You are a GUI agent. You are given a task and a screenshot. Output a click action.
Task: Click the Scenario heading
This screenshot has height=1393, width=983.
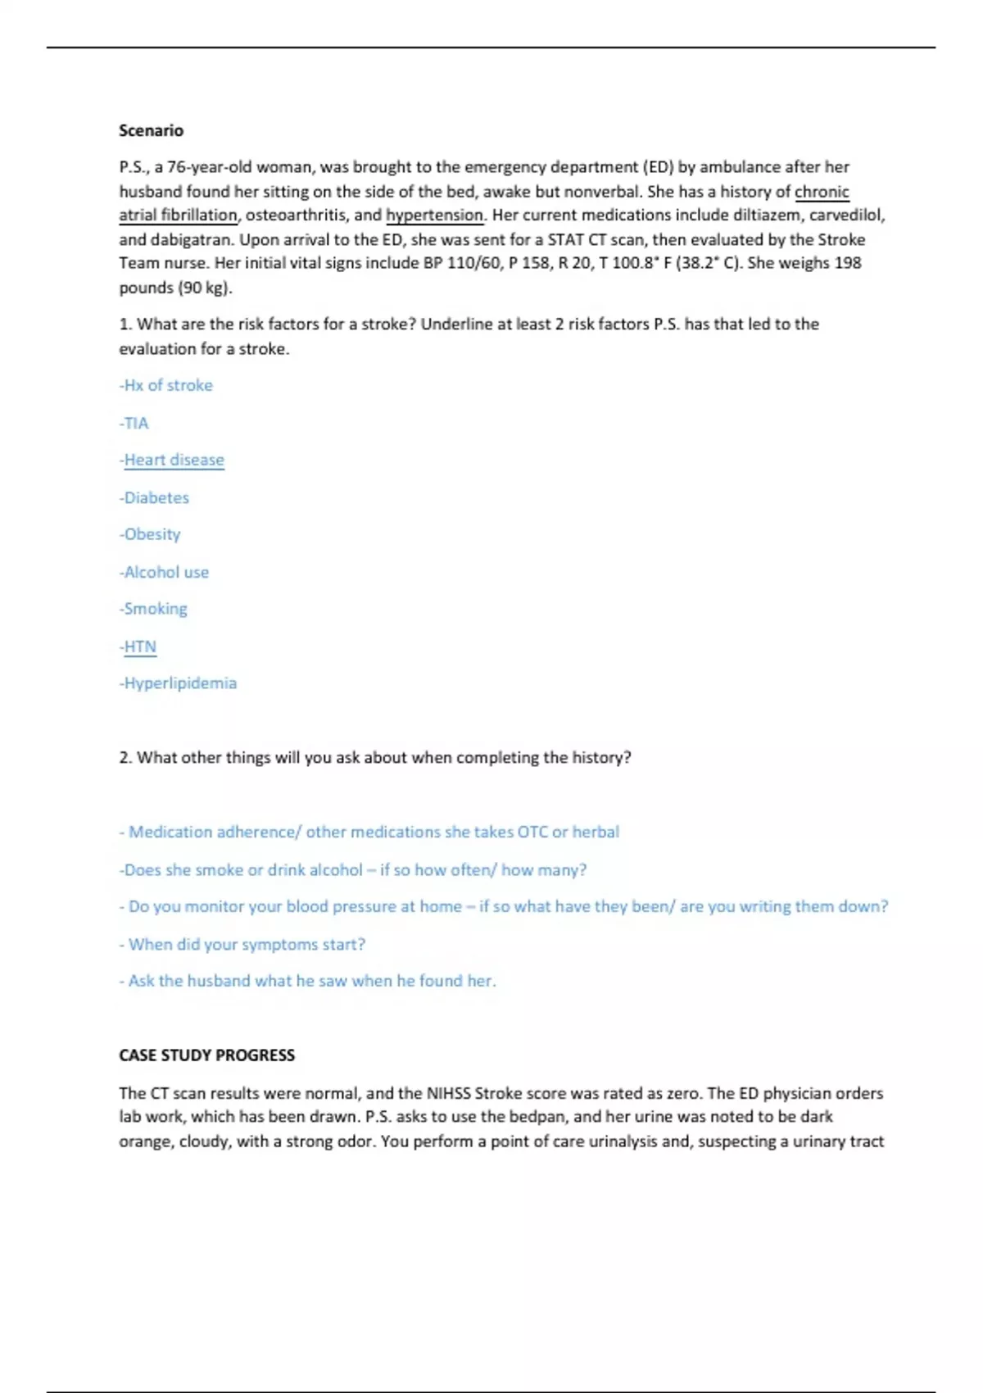click(151, 130)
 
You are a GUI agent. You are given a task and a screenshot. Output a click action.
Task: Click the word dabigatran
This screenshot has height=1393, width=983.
click(190, 239)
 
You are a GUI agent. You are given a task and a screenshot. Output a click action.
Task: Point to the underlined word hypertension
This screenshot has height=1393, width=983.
click(435, 215)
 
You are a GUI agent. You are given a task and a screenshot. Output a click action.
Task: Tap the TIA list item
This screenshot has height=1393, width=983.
click(134, 423)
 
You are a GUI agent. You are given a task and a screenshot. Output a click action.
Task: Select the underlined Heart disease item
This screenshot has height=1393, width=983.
click(173, 460)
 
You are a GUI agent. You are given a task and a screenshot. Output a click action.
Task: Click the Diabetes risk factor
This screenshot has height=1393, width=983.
click(155, 497)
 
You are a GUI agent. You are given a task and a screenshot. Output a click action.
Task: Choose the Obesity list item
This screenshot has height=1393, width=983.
click(151, 534)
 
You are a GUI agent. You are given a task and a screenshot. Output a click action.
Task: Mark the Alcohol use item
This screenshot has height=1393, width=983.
click(165, 572)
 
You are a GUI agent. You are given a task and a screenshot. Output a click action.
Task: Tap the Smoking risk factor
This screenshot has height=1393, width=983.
click(154, 609)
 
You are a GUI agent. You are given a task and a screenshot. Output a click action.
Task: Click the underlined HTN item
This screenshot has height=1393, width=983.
click(138, 647)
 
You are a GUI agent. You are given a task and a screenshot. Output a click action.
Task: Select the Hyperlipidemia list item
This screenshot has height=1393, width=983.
click(179, 683)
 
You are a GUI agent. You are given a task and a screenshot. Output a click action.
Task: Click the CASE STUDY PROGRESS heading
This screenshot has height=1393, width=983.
click(206, 1055)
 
